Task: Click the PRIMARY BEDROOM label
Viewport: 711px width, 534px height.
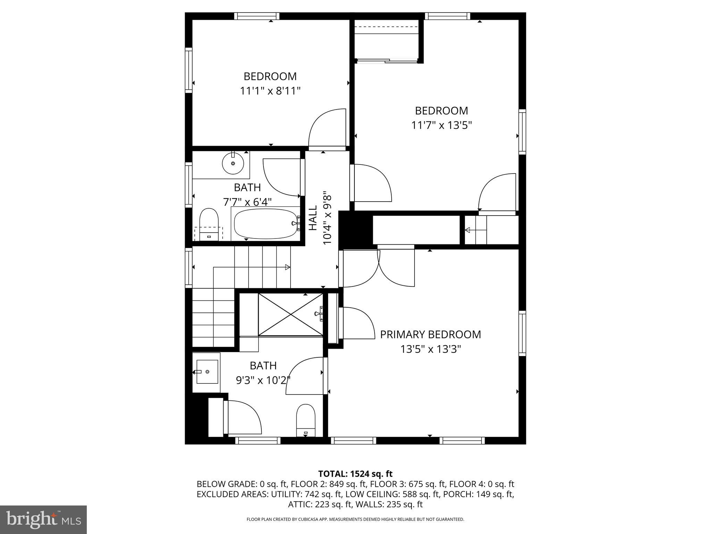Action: coord(430,334)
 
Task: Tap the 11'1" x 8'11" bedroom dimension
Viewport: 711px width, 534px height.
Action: coord(270,91)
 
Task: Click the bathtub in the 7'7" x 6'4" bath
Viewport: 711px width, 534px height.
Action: coord(266,224)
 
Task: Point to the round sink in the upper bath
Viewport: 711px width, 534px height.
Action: coord(233,163)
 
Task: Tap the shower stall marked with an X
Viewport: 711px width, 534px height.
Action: coord(291,315)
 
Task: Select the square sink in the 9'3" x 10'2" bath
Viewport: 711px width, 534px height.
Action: coord(207,372)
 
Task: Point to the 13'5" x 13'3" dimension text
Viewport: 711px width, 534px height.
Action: coord(430,349)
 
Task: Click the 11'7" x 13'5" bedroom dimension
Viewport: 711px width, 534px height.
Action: coord(442,125)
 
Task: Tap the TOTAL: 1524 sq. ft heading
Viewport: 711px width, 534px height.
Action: coord(355,474)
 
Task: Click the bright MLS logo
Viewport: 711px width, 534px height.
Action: coord(43,519)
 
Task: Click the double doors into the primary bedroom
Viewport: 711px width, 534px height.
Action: coord(378,268)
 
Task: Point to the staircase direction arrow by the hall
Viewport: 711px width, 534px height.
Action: coord(287,267)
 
